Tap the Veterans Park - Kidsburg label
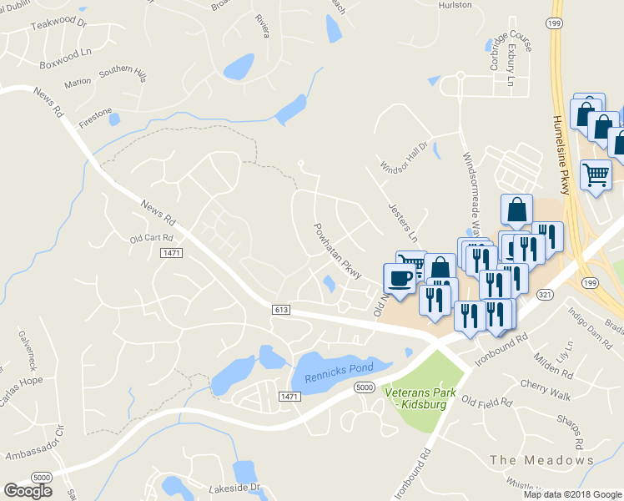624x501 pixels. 415,397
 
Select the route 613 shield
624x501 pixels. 281,310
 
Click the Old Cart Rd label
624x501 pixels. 150,238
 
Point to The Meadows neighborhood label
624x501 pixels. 541,460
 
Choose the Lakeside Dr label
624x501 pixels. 225,487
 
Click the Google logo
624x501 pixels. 28,490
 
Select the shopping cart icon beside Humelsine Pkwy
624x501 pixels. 596,175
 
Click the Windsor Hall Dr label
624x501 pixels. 403,155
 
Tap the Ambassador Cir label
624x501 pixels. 33,446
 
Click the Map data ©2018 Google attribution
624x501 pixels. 572,494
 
